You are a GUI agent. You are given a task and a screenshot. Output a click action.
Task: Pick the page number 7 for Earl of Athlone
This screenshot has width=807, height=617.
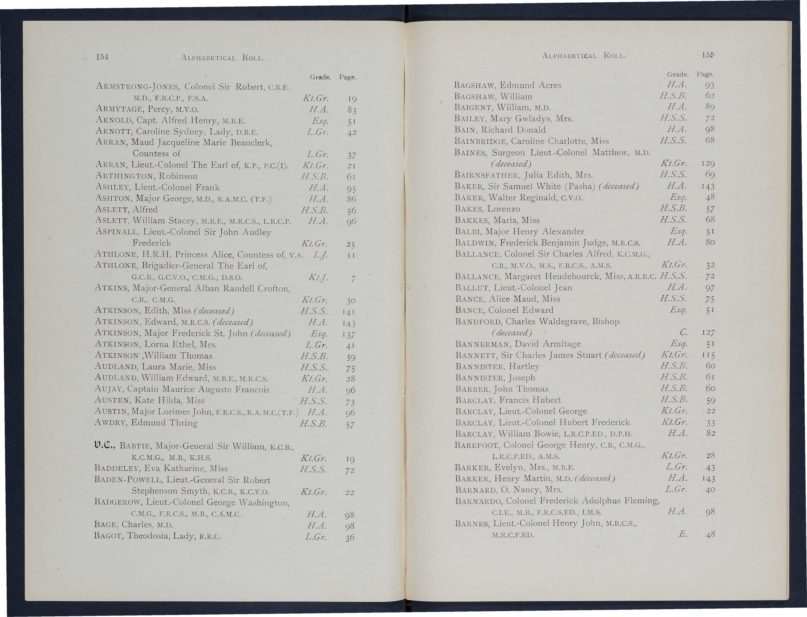353,279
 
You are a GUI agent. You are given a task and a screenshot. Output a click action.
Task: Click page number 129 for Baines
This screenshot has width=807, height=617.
707,163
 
